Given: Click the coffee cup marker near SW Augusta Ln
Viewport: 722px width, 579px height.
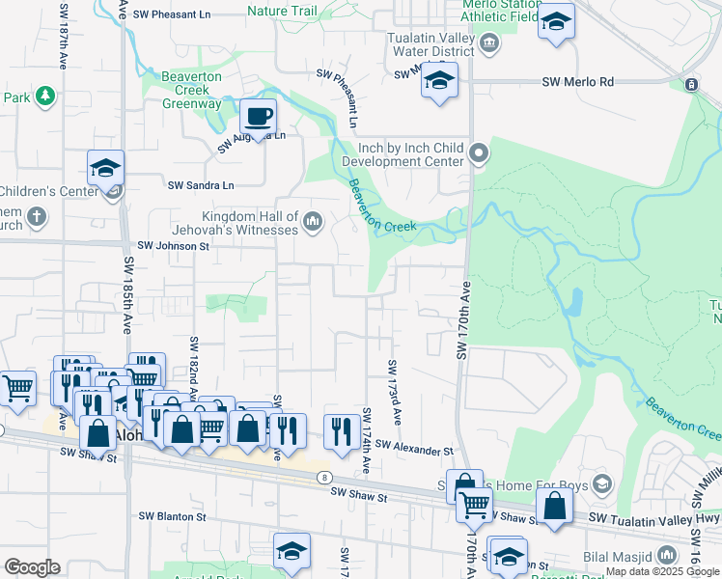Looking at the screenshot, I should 258,118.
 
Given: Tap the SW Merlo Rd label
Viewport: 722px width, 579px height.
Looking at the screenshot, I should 578,83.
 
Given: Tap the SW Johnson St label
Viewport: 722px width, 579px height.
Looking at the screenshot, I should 174,246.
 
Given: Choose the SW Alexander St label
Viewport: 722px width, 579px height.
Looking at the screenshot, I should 414,450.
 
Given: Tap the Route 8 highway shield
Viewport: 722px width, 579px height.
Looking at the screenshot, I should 325,477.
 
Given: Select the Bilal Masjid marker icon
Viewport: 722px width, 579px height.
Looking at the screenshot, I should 667,556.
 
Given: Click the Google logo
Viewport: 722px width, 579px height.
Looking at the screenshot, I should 33,567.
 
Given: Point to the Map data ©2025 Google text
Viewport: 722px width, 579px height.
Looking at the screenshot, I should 662,571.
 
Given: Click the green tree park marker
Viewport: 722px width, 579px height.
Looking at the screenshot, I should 44,96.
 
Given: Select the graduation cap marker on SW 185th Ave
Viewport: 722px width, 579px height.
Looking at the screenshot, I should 105,169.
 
